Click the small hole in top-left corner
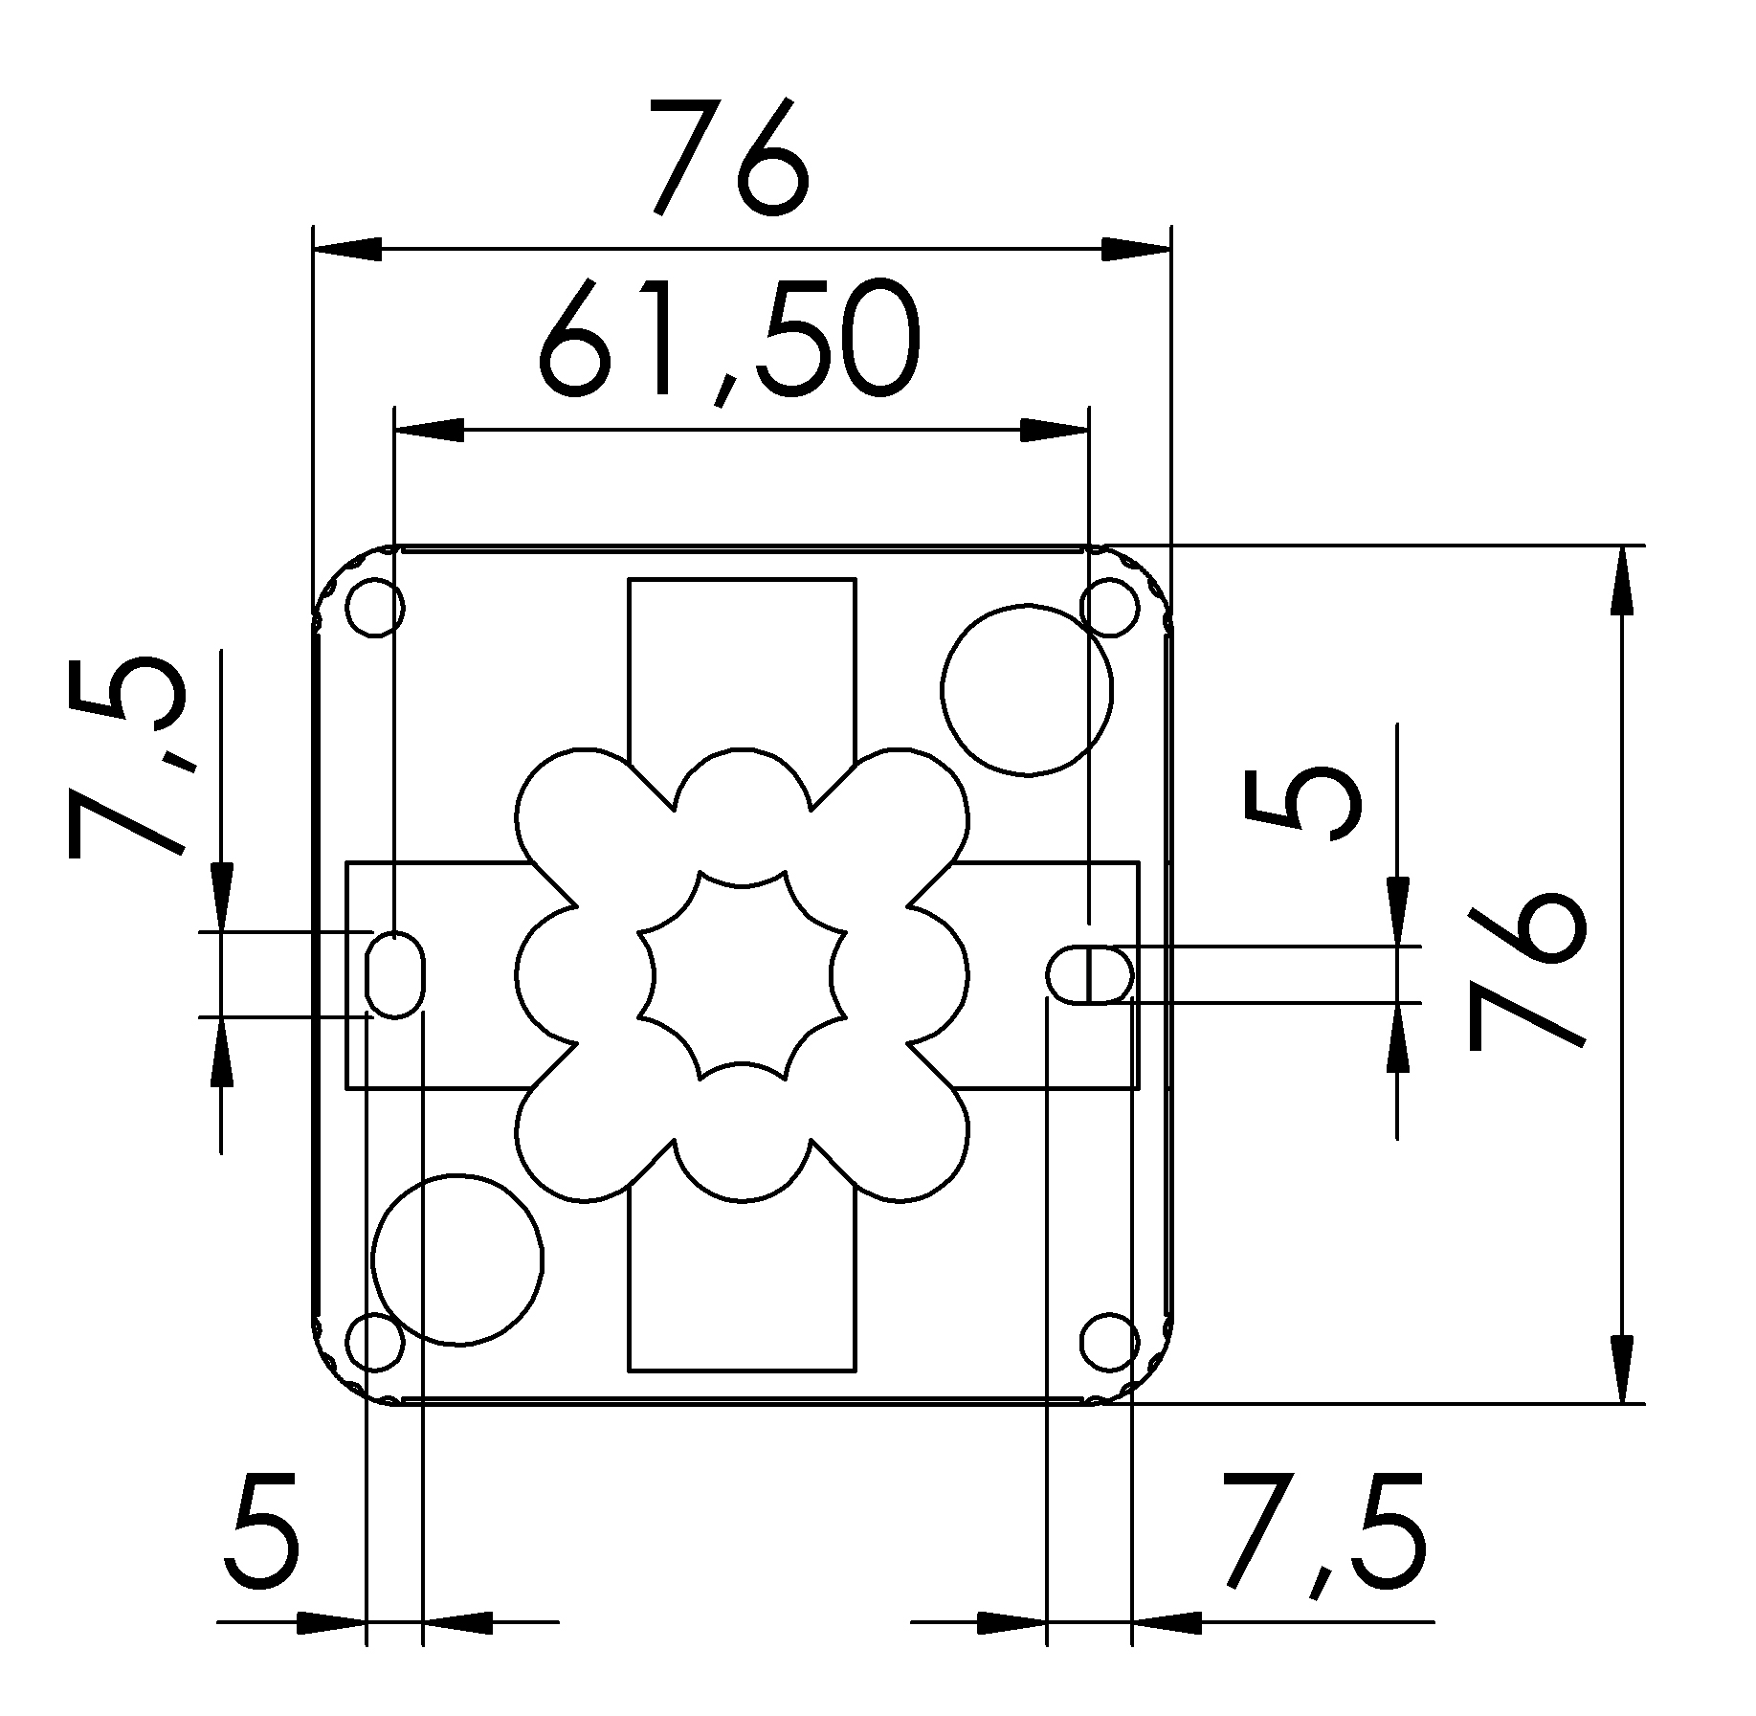click(x=375, y=607)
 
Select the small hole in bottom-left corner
click(x=375, y=1342)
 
